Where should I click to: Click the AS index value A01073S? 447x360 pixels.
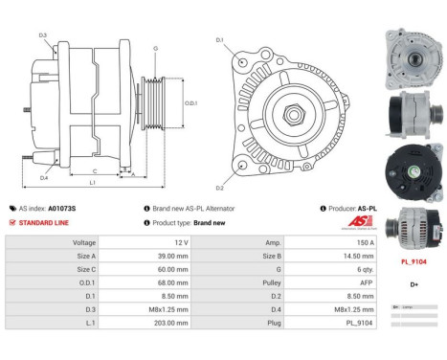(x=62, y=208)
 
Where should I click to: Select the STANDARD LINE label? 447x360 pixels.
(x=44, y=222)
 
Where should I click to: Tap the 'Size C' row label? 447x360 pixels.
(x=85, y=270)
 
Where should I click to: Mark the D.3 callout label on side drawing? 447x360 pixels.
(x=43, y=35)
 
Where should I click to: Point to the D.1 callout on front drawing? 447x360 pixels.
(x=219, y=40)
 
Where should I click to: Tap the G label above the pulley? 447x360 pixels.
(x=155, y=47)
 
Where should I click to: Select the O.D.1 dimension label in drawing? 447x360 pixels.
(x=190, y=103)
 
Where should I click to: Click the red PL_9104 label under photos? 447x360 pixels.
(x=413, y=260)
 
